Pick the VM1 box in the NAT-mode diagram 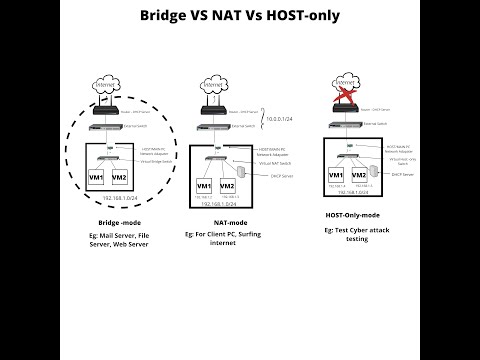click(203, 187)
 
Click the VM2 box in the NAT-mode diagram click(228, 187)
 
